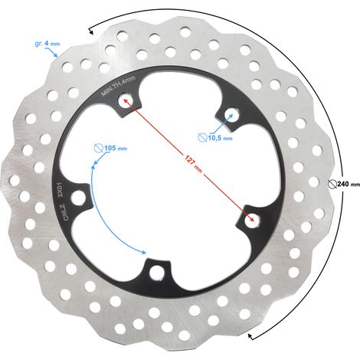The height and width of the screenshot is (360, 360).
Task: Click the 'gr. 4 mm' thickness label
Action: pyautogui.click(x=47, y=44)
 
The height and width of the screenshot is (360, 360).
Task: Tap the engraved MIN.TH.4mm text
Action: pyautogui.click(x=118, y=86)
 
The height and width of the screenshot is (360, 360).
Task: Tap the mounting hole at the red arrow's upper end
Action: pyautogui.click(x=126, y=100)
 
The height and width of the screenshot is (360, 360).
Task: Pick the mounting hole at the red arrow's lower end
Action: pyautogui.click(x=252, y=220)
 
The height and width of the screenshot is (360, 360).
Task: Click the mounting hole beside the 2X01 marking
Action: pyautogui.click(x=78, y=198)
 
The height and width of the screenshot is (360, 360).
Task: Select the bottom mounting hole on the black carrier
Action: pyautogui.click(x=156, y=273)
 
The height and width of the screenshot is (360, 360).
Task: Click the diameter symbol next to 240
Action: pyautogui.click(x=332, y=184)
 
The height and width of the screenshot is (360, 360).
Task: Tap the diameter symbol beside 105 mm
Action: pyautogui.click(x=99, y=148)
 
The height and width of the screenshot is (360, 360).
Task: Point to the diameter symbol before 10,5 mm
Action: pyautogui.click(x=202, y=138)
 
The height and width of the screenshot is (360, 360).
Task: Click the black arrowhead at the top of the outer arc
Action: pyautogui.click(x=90, y=31)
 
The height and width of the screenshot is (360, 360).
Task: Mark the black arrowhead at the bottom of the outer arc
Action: pyautogui.click(x=251, y=337)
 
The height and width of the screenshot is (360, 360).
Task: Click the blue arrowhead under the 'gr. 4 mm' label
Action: pyautogui.click(x=57, y=55)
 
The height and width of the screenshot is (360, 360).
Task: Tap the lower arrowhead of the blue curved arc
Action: pyautogui.click(x=143, y=252)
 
